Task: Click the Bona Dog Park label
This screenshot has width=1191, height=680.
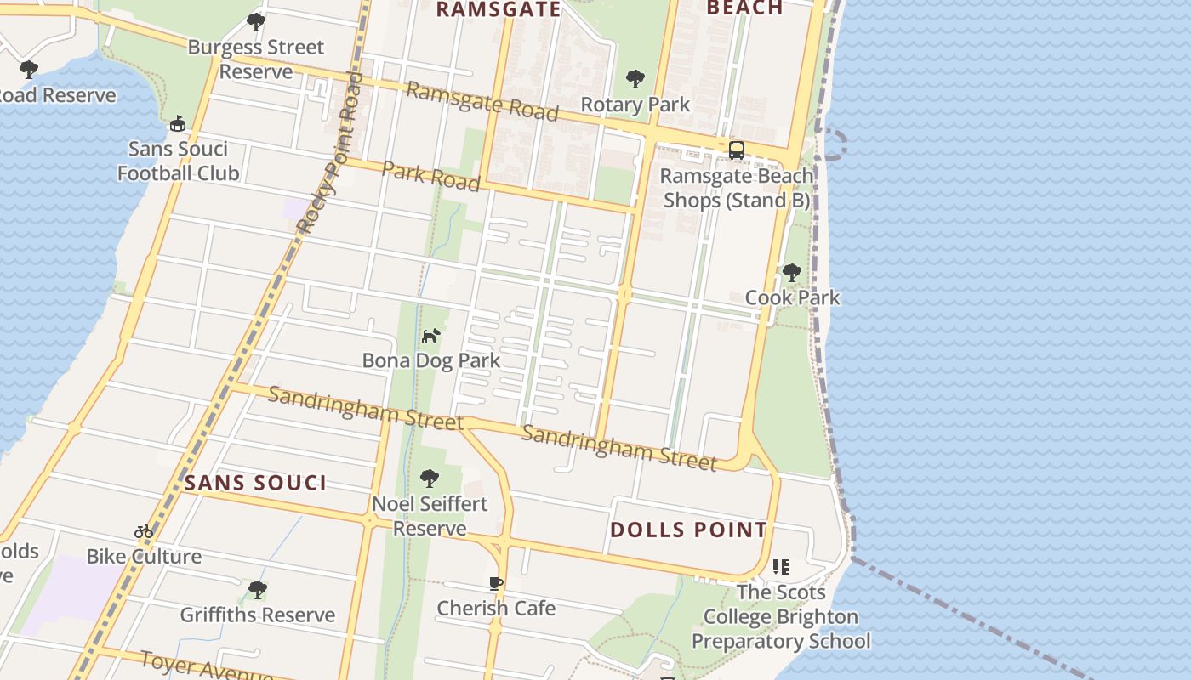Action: coord(431,360)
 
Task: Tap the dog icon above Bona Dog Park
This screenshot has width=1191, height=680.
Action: coord(431,337)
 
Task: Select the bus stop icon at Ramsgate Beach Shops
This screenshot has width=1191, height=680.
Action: coord(737,150)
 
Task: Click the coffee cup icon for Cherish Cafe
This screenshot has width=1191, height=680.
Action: coord(496,583)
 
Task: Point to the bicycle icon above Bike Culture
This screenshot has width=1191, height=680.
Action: coord(144,532)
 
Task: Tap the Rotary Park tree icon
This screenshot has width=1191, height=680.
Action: coord(635,80)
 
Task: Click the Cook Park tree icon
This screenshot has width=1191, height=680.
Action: coord(792,273)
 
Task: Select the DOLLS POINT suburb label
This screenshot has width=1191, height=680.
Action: coord(688,530)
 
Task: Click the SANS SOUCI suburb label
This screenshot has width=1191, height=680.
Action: coord(255,484)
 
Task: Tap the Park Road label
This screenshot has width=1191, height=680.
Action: coord(431,175)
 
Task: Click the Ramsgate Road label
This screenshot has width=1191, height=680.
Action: coord(482,101)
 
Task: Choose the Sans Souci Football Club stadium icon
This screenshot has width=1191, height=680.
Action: coord(177,125)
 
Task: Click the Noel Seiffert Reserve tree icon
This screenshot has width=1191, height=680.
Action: coord(430,479)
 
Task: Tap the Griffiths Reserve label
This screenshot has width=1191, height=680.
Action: coord(257,615)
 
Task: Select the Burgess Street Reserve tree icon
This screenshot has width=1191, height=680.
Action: coord(255,23)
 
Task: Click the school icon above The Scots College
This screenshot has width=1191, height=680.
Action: coord(781,567)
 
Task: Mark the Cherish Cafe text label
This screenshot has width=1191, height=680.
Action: coord(496,609)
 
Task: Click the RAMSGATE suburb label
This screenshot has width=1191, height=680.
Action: coord(499,9)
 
